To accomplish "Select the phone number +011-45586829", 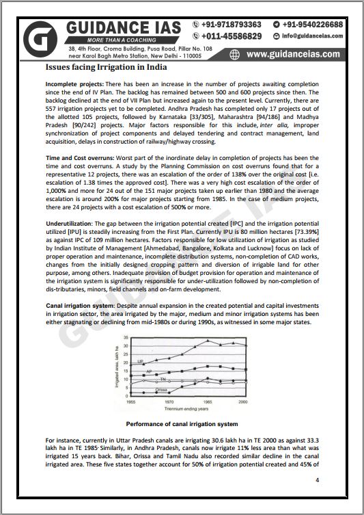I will (231, 36).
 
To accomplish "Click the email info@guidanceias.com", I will (320, 36).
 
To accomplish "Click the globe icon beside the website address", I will (235, 54).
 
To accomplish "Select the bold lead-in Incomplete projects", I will (74, 83).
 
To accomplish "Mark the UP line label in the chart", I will (140, 360).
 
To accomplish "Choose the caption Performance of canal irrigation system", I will (182, 424).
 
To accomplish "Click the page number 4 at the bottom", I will (317, 479).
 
